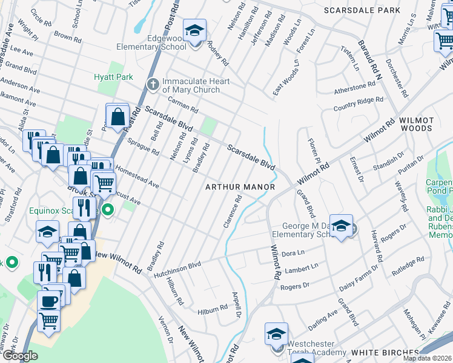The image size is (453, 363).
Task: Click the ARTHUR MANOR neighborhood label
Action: coord(240,188)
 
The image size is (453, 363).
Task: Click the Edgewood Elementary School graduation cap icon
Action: coord(195,30)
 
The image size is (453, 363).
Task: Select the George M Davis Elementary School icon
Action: coord(341,226)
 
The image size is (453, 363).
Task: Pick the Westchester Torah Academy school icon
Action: coord(276,334)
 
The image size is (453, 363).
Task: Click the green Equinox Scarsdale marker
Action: coord(108,211)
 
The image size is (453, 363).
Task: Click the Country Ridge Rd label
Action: coord(359,104)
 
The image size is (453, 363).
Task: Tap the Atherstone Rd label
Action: coord(355,88)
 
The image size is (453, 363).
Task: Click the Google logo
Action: coord(20,356)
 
